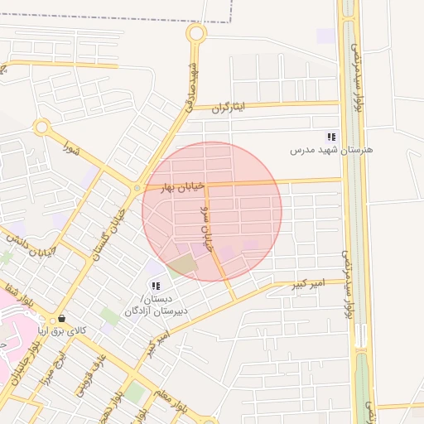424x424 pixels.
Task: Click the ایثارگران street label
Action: (x=230, y=108)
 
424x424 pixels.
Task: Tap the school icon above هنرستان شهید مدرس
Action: (x=331, y=137)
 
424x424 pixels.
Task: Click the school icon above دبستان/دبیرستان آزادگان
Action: (x=156, y=286)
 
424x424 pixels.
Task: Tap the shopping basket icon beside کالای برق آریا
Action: (x=61, y=319)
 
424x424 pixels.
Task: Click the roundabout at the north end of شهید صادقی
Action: (x=196, y=34)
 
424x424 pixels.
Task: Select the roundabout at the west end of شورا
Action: (x=42, y=128)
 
